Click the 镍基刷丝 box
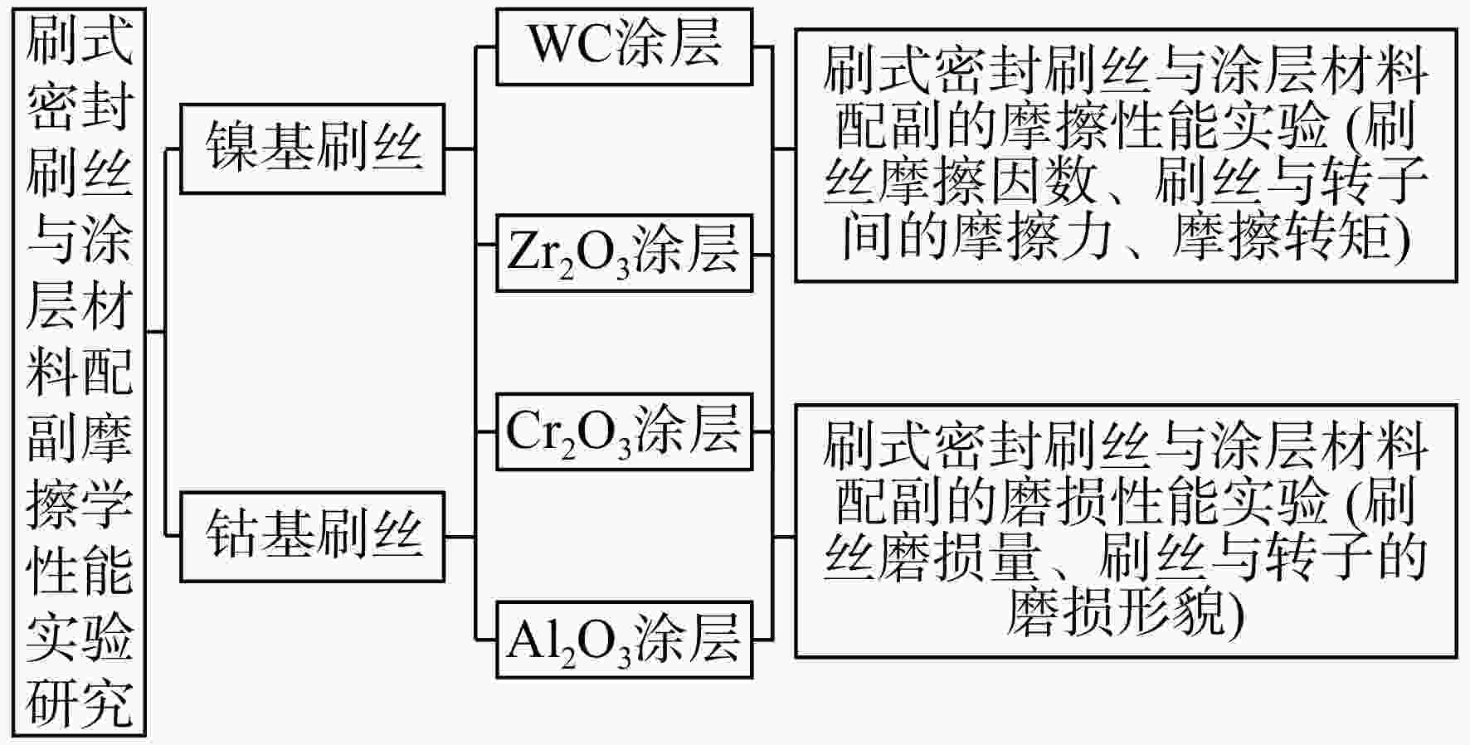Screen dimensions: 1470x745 [313, 149]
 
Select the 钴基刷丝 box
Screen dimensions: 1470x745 [313, 537]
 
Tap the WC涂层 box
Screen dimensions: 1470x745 [625, 46]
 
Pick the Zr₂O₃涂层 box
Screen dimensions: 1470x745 [625, 253]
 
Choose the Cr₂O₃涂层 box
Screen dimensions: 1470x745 [625, 432]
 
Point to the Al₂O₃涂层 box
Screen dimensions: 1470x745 [625, 640]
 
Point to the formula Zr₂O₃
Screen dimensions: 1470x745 [569, 254]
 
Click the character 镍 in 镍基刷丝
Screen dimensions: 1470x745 [231, 148]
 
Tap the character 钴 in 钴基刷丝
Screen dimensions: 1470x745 [231, 534]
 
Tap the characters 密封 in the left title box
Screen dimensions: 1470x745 [80, 106]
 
